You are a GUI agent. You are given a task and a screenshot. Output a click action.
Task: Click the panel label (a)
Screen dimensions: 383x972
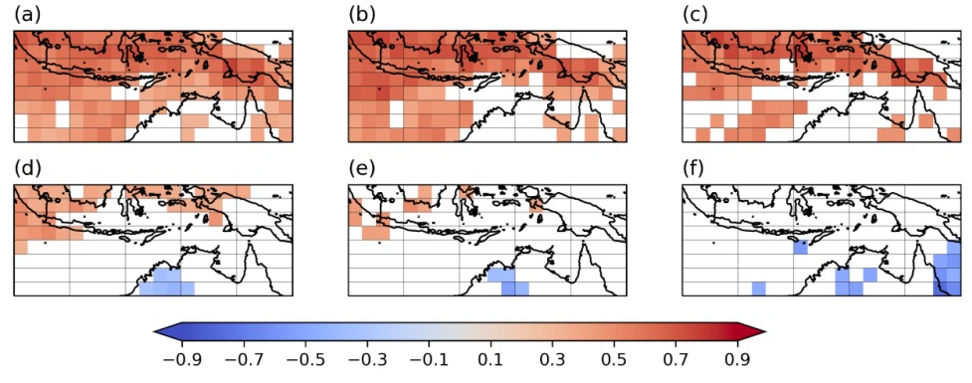27,15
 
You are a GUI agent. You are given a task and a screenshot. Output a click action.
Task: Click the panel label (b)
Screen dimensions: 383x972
362,15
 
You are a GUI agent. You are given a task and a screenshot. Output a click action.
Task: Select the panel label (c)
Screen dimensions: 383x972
695,15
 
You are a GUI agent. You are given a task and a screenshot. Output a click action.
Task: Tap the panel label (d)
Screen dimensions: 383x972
27,168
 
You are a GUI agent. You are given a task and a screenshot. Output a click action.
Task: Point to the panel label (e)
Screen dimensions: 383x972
362,168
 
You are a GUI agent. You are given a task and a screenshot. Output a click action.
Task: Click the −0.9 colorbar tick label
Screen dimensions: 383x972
182,360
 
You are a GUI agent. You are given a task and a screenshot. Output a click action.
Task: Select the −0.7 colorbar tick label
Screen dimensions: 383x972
244,360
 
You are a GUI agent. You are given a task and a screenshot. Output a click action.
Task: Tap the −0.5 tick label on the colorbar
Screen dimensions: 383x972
306,360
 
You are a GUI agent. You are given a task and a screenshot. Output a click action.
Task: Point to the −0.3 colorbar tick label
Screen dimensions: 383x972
368,360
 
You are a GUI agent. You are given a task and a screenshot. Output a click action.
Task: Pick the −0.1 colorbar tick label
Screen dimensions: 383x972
429,360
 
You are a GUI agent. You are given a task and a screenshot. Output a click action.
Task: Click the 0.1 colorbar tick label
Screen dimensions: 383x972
491,360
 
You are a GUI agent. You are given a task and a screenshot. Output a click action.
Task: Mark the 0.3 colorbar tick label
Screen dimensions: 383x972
553,360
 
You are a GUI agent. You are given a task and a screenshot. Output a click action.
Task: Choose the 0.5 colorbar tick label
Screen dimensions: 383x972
614,360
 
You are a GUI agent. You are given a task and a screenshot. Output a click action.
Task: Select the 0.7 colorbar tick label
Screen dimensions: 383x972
676,360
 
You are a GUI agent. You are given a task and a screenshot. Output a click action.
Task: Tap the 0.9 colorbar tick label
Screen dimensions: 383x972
738,360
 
